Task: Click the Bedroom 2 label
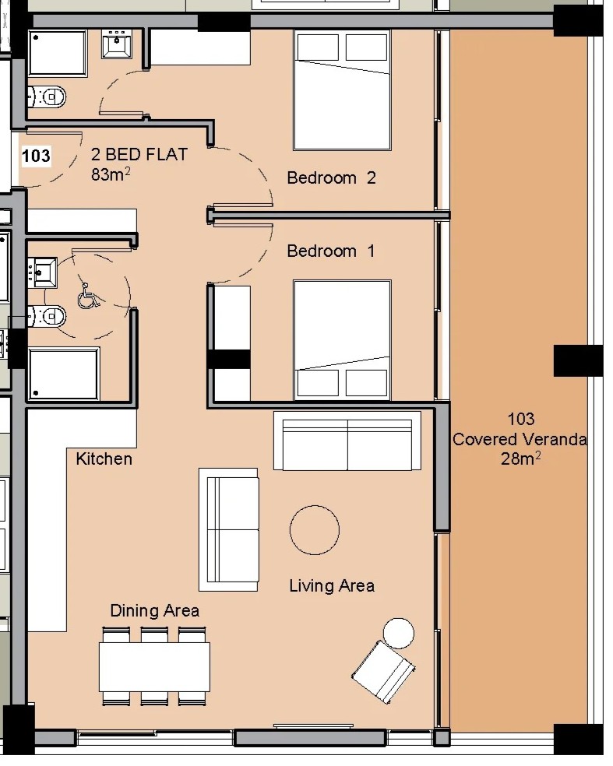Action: tap(332, 177)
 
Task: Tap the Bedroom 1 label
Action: tap(331, 251)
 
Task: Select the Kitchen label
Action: tap(104, 459)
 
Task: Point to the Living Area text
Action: tap(332, 585)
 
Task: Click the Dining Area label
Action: tap(154, 610)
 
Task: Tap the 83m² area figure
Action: tap(111, 174)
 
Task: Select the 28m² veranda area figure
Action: tap(520, 459)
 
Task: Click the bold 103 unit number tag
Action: tap(36, 156)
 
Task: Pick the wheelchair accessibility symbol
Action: tap(88, 296)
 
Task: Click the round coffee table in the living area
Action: tap(315, 530)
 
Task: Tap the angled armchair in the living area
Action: tap(384, 672)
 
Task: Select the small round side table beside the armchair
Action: tap(398, 633)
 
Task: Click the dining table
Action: tap(154, 666)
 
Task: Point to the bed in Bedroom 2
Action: tap(342, 90)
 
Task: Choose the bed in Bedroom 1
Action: tap(342, 340)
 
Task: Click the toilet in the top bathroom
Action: tap(47, 97)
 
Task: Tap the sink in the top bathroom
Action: tap(117, 44)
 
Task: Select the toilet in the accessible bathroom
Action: tap(47, 317)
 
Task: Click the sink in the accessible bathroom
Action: tap(43, 272)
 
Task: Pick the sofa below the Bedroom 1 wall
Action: tap(347, 441)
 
